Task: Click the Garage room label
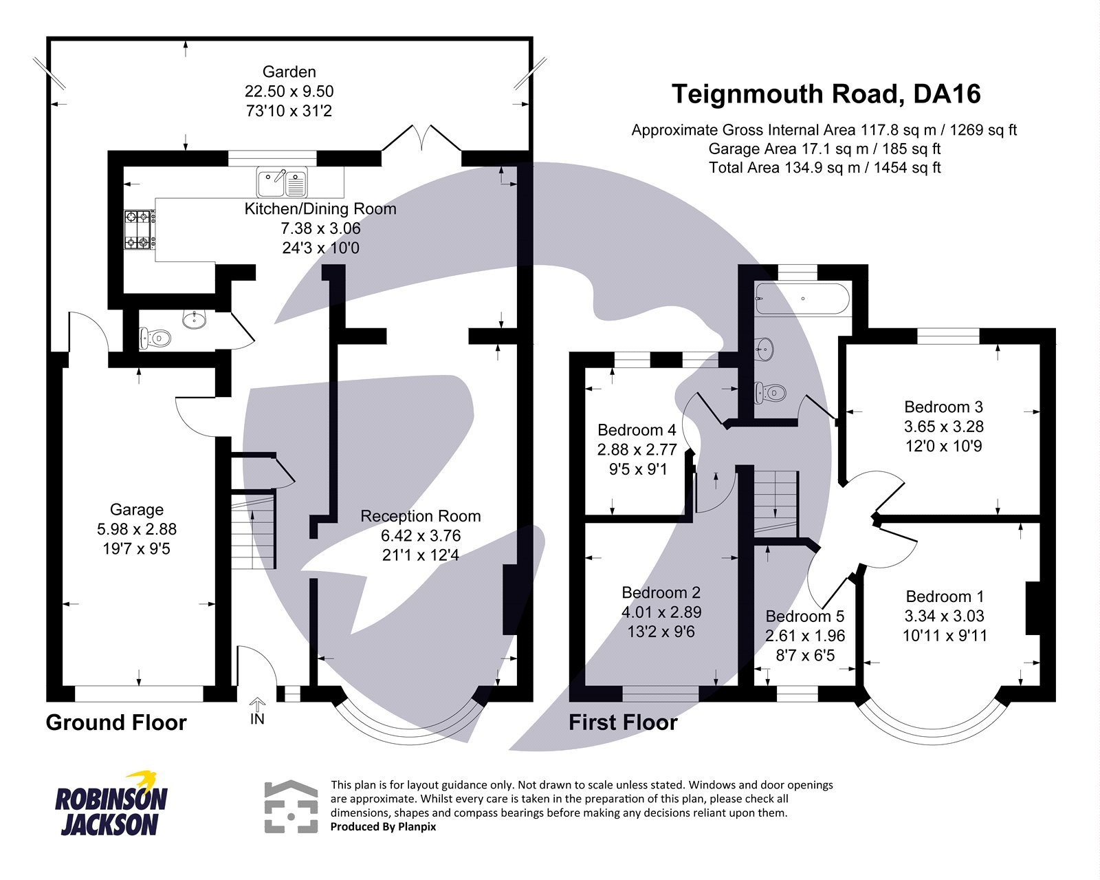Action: click(x=137, y=510)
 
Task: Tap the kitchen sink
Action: click(x=283, y=182)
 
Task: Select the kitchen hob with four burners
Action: click(x=137, y=230)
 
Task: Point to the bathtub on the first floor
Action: click(x=802, y=299)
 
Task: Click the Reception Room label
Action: click(x=420, y=516)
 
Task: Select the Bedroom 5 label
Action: click(x=804, y=616)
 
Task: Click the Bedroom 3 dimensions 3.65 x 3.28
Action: click(x=943, y=427)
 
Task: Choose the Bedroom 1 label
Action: click(x=945, y=597)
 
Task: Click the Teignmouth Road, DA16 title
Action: click(x=826, y=94)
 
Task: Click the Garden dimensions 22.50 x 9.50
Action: click(x=289, y=92)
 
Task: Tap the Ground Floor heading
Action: click(x=116, y=722)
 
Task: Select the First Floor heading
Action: click(x=623, y=722)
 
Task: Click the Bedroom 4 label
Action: click(x=637, y=431)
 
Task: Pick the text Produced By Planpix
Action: click(x=383, y=827)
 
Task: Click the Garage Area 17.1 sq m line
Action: click(x=824, y=149)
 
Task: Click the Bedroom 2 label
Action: click(x=661, y=593)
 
